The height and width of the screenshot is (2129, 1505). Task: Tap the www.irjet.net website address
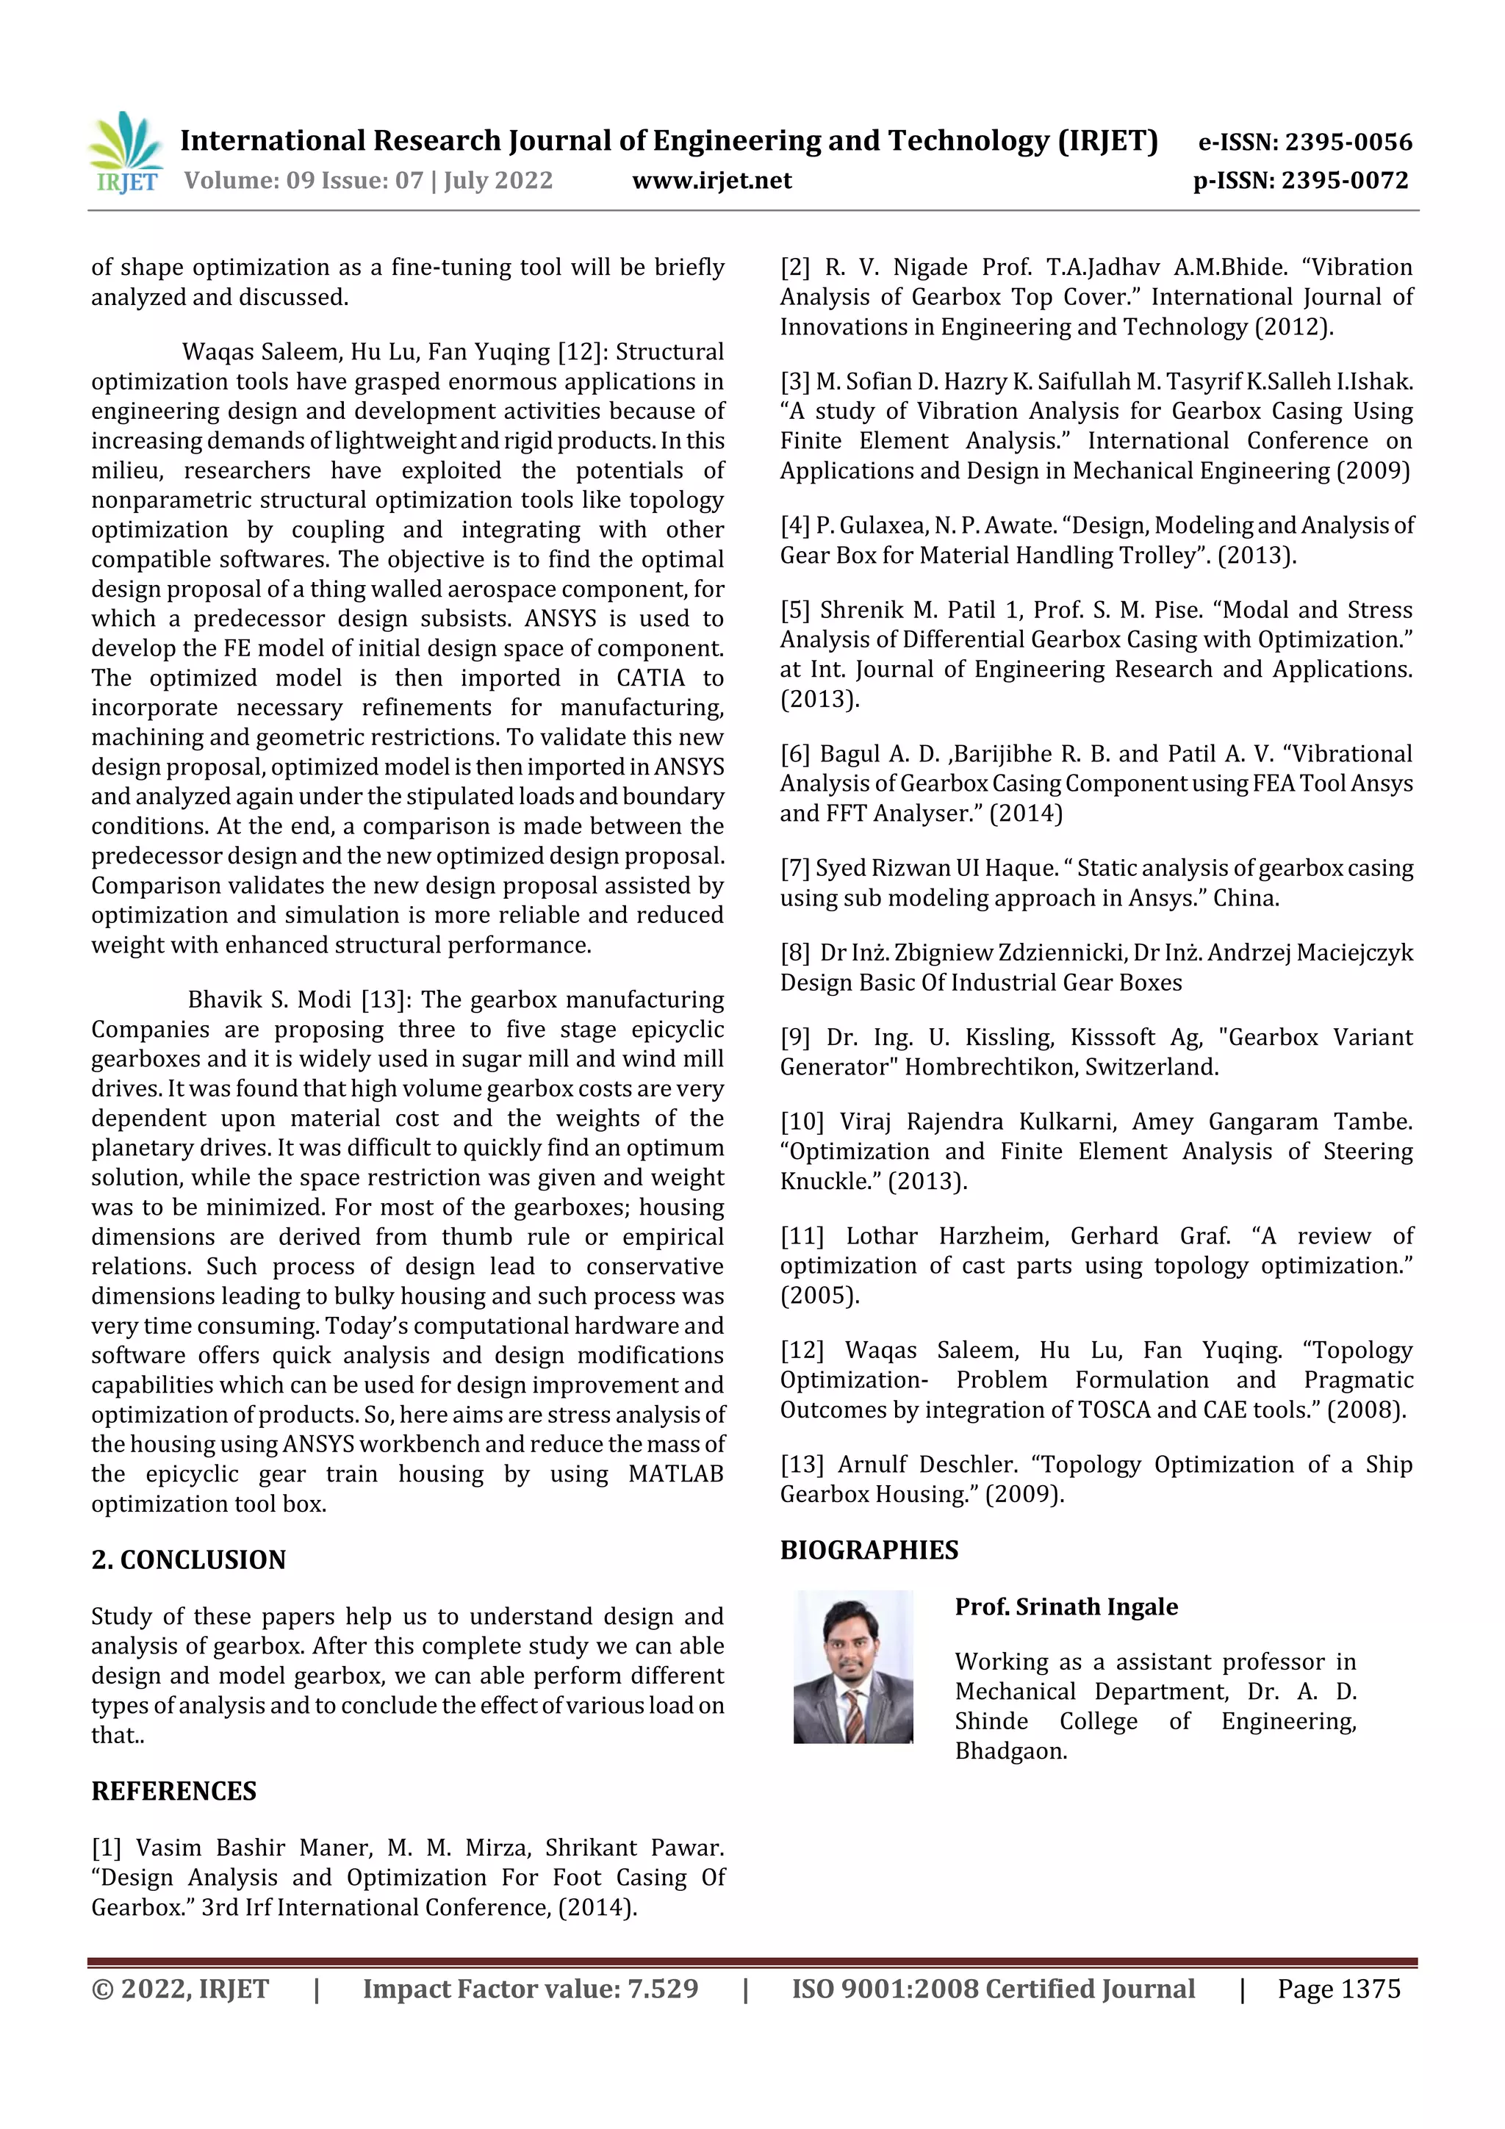[711, 180]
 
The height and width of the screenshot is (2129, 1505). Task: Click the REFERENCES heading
[173, 1789]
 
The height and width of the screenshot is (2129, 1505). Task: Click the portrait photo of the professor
[852, 1665]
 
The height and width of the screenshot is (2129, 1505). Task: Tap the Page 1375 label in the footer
[1338, 1988]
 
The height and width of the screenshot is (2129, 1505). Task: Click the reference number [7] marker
[794, 868]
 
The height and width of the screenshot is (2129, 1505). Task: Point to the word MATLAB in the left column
[675, 1473]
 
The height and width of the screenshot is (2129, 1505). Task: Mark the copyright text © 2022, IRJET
[180, 1988]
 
